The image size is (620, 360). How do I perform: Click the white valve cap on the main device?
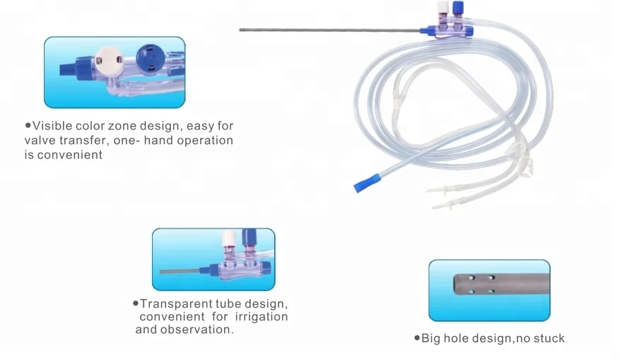click(x=443, y=8)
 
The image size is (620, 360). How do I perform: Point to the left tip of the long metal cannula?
click(x=241, y=30)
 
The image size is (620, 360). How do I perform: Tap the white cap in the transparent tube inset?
click(x=228, y=238)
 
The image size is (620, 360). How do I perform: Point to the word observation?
click(x=197, y=330)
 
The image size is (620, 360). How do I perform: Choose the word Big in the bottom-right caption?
click(x=433, y=338)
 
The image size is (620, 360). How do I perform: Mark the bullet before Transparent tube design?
click(x=135, y=303)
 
